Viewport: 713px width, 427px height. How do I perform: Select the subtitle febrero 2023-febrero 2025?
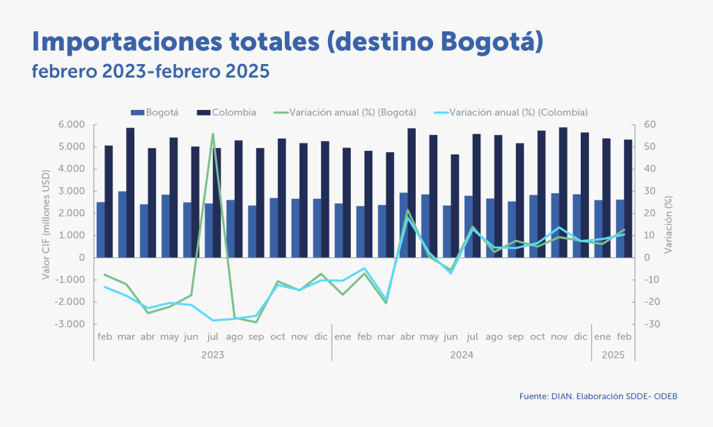click(x=150, y=72)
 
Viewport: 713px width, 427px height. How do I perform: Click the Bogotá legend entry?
click(x=159, y=112)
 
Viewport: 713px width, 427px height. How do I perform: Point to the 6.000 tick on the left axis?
click(x=71, y=124)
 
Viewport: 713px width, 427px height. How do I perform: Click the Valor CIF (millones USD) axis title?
click(x=45, y=225)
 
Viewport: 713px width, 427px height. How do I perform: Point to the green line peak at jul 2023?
click(x=212, y=134)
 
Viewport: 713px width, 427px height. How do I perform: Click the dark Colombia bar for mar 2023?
click(x=130, y=192)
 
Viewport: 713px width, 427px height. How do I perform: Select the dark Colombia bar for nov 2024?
click(x=563, y=192)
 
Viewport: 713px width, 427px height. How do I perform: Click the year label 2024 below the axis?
click(x=461, y=354)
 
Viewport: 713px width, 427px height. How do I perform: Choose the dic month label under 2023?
click(x=320, y=337)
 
